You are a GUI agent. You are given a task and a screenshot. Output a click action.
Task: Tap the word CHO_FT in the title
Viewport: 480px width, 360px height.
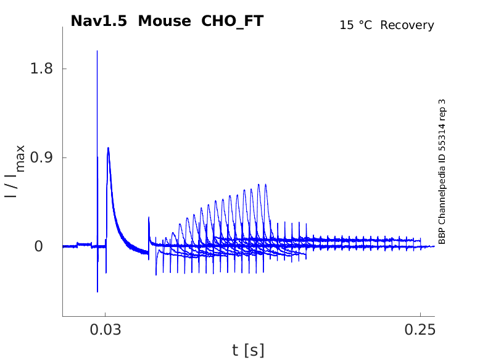pos(233,21)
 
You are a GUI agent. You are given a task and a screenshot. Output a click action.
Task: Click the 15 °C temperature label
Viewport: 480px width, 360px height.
pos(357,25)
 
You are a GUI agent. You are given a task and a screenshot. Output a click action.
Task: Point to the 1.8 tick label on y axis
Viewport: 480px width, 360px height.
pos(42,69)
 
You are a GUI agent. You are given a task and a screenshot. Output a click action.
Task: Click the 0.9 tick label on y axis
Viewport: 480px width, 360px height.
pos(42,157)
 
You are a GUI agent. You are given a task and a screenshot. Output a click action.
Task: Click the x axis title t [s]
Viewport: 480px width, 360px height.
pos(248,350)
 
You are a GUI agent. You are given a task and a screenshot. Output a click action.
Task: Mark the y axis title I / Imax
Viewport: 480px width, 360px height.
pos(15,171)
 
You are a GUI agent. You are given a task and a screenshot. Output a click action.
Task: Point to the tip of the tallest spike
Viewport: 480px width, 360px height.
pos(97,51)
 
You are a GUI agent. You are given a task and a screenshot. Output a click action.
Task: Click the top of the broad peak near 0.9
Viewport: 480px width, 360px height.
pos(108,148)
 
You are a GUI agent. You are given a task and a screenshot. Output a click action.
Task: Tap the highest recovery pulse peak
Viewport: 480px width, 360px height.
pos(266,184)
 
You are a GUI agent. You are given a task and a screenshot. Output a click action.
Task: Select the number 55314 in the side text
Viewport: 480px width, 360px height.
pos(442,141)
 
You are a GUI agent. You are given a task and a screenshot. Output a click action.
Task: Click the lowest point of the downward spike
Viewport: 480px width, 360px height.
pos(97,291)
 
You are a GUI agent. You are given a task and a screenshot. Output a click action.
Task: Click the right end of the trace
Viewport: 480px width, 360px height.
pos(434,245)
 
